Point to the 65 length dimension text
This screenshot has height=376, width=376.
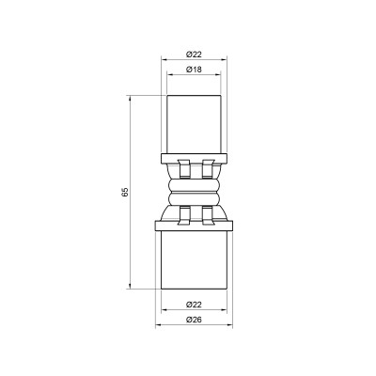click(x=124, y=193)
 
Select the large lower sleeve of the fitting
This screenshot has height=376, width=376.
click(x=196, y=261)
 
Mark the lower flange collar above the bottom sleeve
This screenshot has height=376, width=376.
click(x=196, y=225)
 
